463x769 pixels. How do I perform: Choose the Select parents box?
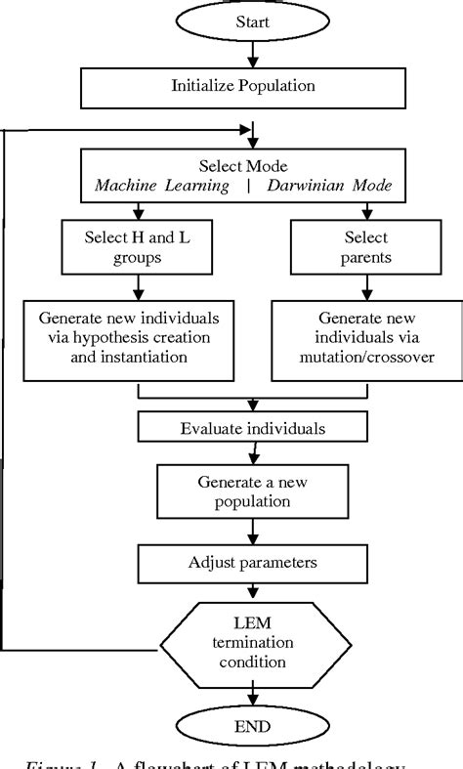click(x=365, y=247)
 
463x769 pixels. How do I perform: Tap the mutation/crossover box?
click(x=364, y=339)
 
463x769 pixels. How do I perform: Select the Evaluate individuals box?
click(x=253, y=428)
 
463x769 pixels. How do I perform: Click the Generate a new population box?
click(x=253, y=491)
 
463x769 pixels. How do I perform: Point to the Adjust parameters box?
click(x=253, y=562)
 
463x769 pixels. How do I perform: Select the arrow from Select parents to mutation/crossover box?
click(x=365, y=285)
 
